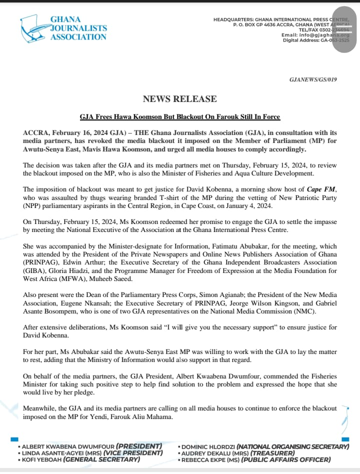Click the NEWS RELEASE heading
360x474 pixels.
coord(180,99)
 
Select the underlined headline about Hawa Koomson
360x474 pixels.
coord(180,117)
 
